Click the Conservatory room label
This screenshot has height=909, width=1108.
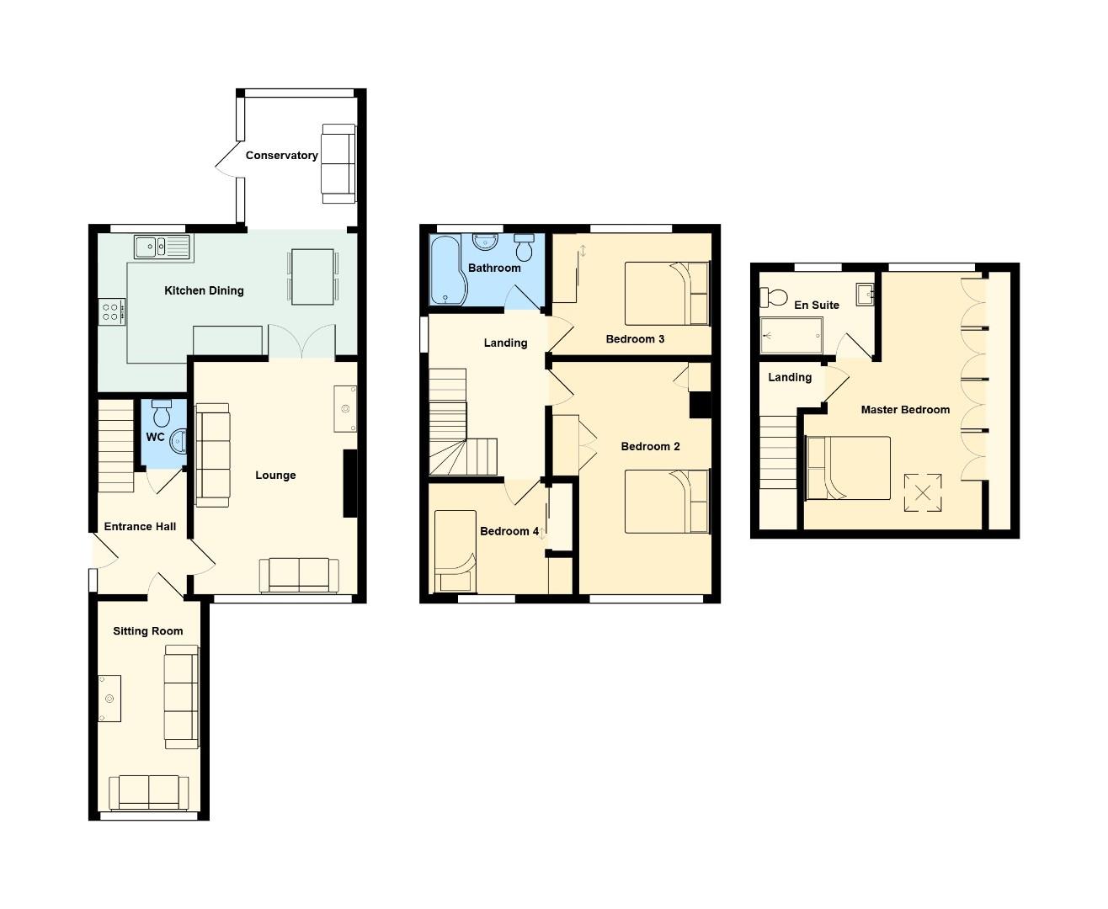[x=281, y=156]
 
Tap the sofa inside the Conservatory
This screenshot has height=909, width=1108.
[x=338, y=163]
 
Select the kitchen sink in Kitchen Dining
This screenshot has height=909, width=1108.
[x=162, y=247]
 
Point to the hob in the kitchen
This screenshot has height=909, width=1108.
[x=112, y=312]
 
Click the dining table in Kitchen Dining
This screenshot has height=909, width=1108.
[x=313, y=276]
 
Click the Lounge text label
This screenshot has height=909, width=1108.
[x=275, y=476]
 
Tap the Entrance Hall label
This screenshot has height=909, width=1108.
[x=140, y=527]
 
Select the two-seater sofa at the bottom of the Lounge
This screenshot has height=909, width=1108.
[x=299, y=576]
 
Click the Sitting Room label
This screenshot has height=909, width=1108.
[x=148, y=631]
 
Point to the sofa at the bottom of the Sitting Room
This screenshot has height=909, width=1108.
[x=148, y=793]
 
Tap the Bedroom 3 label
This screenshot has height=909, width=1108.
[x=635, y=339]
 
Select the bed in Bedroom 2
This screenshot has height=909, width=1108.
[x=667, y=502]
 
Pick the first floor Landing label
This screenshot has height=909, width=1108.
[x=505, y=343]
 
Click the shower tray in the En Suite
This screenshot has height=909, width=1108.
[x=791, y=336]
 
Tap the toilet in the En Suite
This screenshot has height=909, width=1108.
[x=774, y=297]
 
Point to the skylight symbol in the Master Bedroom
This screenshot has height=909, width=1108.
[x=923, y=493]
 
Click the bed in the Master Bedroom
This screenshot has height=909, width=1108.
[x=848, y=468]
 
